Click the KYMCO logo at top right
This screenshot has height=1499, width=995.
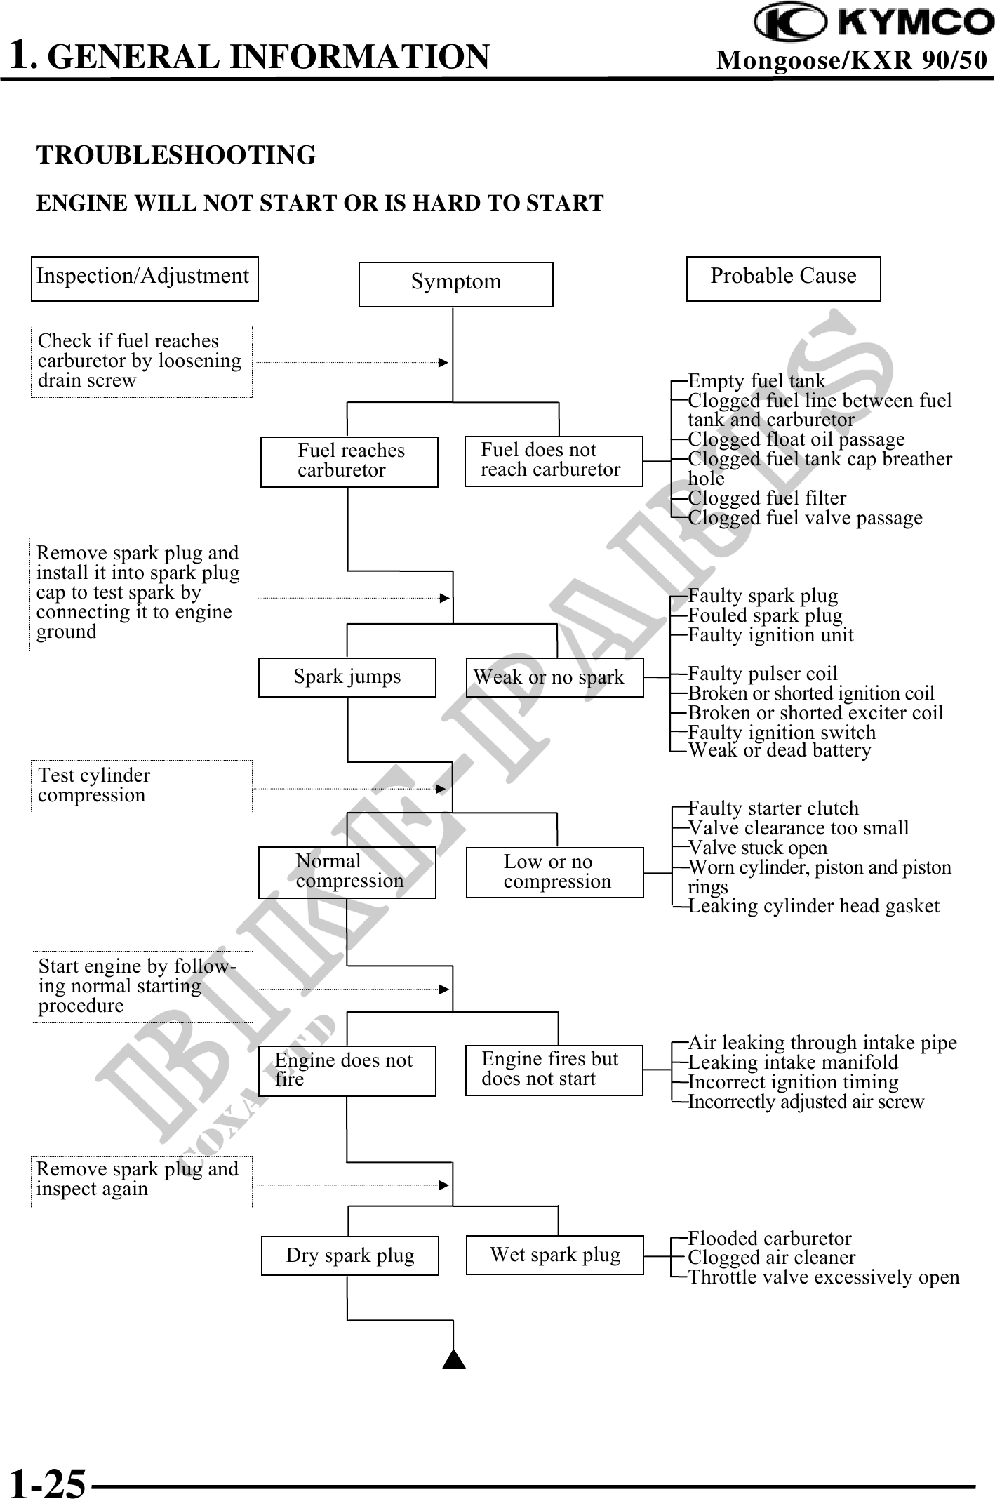(874, 22)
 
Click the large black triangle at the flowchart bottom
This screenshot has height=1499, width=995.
(455, 1359)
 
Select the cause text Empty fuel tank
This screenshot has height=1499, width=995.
(756, 381)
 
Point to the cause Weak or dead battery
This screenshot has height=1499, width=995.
(780, 751)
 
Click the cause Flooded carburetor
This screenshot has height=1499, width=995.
(770, 1238)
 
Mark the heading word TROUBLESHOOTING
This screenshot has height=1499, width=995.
(176, 155)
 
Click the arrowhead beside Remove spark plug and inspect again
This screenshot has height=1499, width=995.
(443, 1185)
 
